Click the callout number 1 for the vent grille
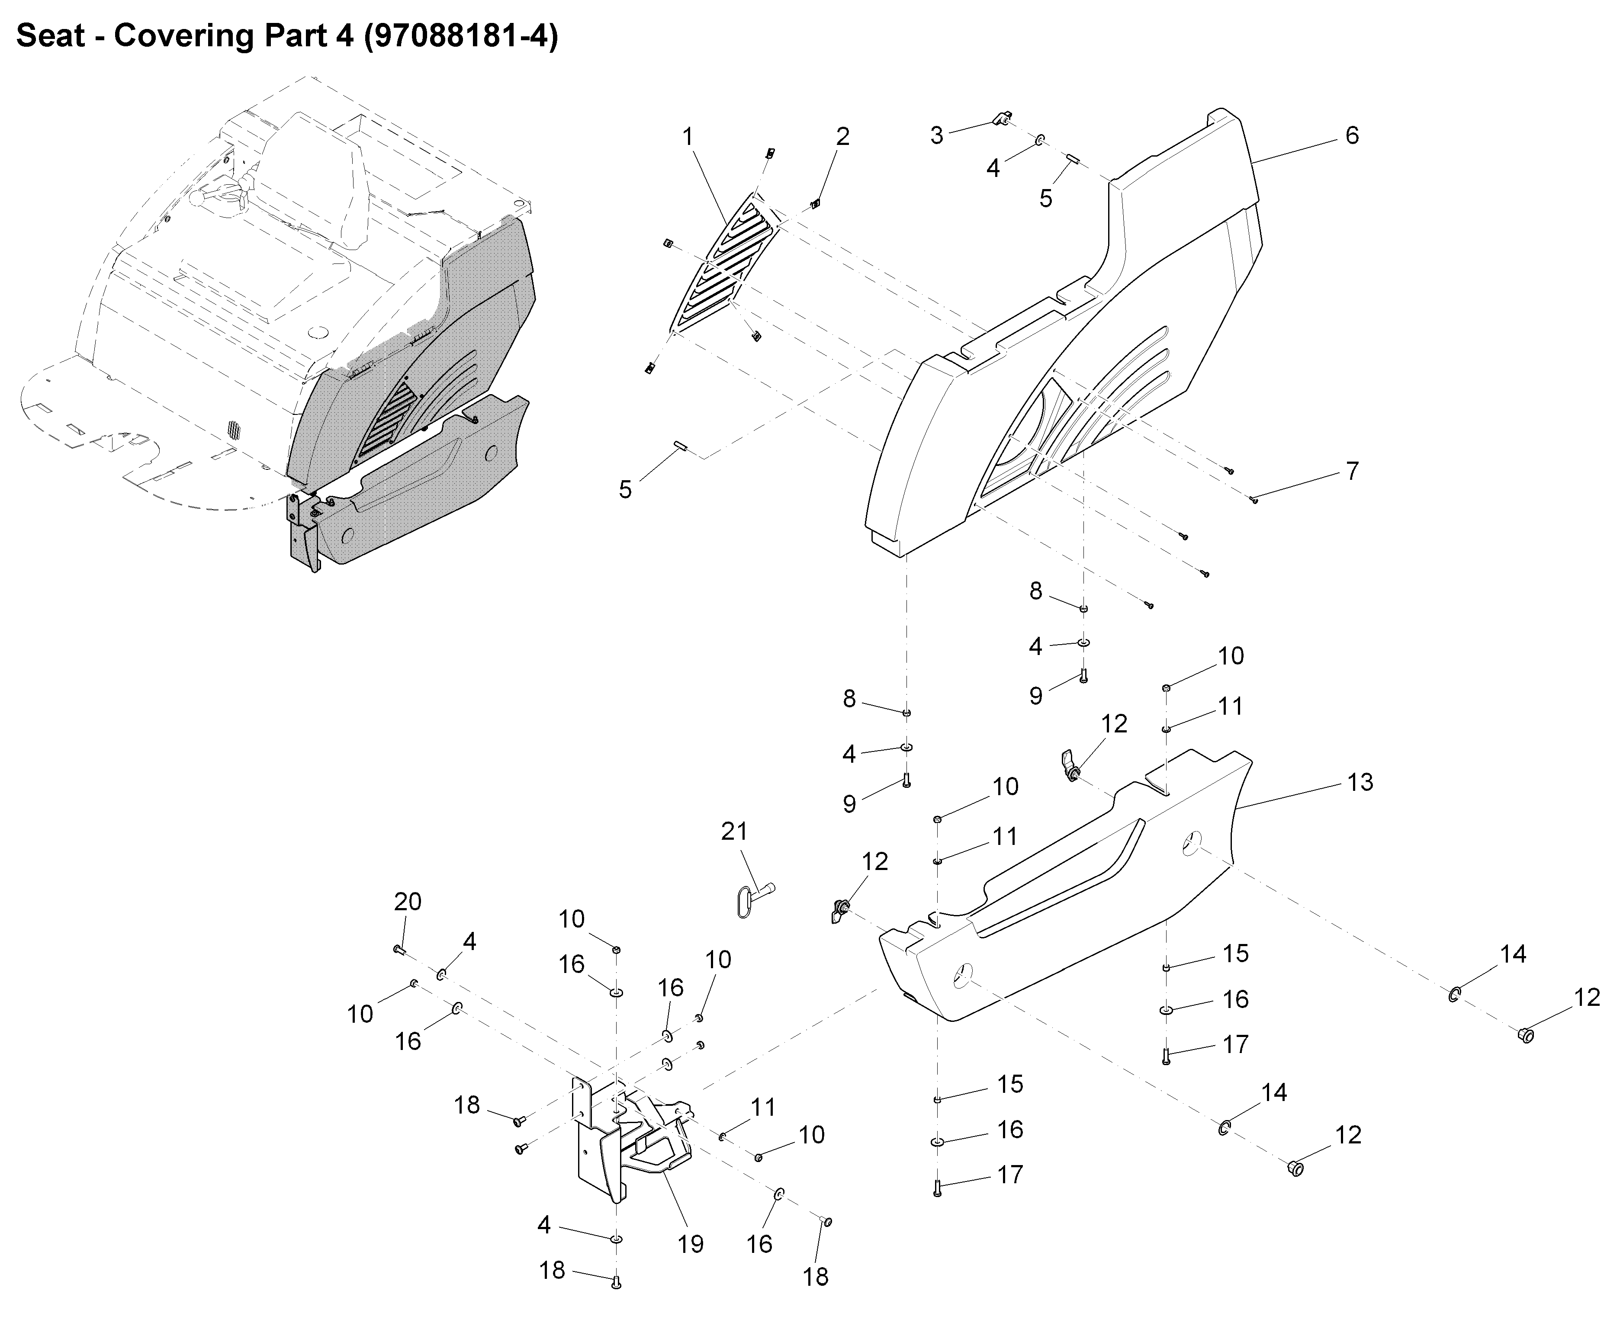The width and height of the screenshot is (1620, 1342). click(x=688, y=137)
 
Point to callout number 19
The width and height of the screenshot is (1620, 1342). click(x=691, y=1243)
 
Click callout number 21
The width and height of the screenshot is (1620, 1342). click(x=733, y=832)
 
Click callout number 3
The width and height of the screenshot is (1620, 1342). click(x=936, y=136)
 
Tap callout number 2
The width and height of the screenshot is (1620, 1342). click(x=842, y=137)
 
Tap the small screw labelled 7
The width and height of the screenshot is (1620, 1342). click(x=1254, y=500)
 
